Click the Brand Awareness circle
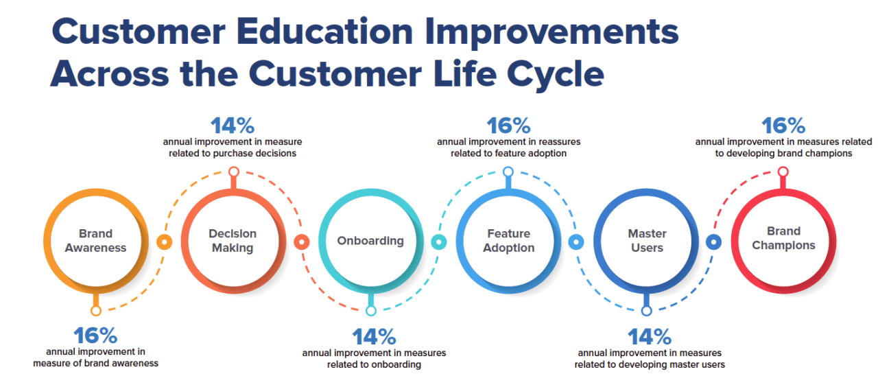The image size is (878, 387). click(96, 241)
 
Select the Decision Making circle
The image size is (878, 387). click(233, 241)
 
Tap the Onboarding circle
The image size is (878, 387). click(370, 241)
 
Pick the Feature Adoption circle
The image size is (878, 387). click(508, 241)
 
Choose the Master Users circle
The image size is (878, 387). click(646, 241)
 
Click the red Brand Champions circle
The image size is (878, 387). click(783, 238)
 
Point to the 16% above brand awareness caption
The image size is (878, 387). click(95, 336)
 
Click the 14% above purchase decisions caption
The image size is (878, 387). click(233, 126)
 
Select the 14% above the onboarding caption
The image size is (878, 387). click(374, 337)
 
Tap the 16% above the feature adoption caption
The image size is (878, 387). click(508, 126)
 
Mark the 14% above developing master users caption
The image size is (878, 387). click(650, 337)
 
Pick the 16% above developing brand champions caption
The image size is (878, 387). click(783, 126)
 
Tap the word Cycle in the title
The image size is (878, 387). click(556, 73)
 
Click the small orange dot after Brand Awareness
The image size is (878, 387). click(164, 242)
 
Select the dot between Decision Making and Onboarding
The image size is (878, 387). click(301, 242)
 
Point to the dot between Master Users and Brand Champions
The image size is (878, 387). click(713, 242)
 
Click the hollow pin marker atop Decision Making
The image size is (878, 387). click(233, 172)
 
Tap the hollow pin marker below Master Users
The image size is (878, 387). click(646, 311)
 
